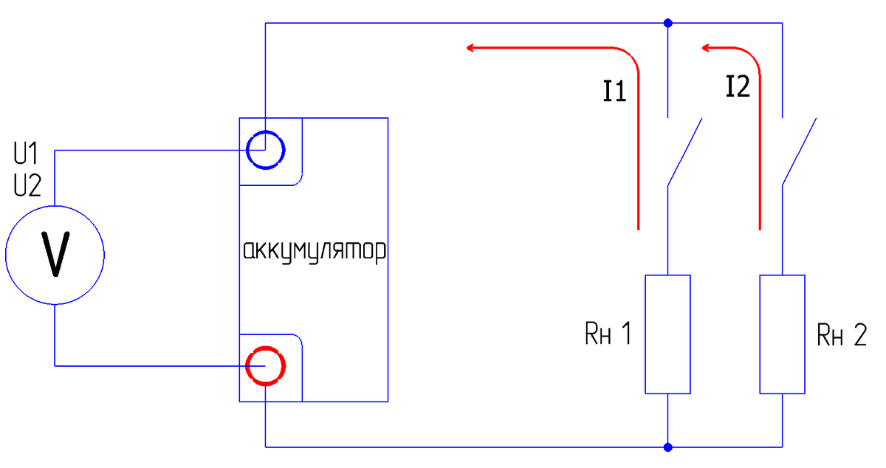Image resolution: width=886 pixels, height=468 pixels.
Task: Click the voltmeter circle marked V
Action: pos(55,206)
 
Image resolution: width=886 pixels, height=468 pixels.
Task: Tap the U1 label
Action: pos(26,153)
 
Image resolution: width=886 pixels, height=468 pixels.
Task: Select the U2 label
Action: pos(27,185)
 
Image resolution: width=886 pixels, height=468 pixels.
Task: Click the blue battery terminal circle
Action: pos(265,131)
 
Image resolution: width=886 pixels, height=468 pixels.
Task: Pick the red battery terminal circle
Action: pos(265,347)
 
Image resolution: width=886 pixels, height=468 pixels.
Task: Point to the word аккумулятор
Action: pos(315,251)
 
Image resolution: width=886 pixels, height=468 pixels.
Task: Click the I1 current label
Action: pos(614,91)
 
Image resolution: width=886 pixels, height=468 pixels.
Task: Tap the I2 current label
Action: pos(738,86)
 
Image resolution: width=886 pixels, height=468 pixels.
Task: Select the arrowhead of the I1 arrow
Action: pos(470,48)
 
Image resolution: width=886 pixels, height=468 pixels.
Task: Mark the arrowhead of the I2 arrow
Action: pos(706,48)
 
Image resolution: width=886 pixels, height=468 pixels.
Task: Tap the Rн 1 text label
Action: pos(608,334)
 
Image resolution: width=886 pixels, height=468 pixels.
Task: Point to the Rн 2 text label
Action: pos(842,334)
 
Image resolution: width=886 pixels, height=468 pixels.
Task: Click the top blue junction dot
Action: pos(667,23)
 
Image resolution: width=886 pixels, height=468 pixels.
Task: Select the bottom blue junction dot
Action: pos(667,447)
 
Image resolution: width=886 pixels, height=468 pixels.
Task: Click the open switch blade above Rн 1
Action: pos(684,152)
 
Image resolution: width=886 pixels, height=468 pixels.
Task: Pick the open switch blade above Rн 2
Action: pos(799,152)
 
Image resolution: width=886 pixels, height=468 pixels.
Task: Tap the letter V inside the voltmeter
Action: pos(55,254)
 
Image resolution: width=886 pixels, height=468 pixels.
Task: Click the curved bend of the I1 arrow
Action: pos(631,55)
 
